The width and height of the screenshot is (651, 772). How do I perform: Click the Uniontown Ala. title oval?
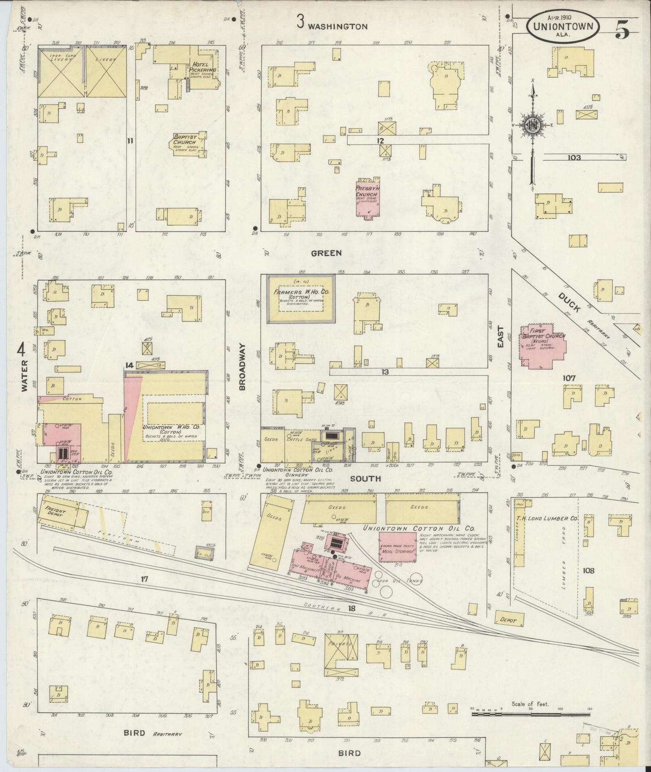coord(563,27)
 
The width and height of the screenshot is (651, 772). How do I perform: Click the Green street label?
coord(326,253)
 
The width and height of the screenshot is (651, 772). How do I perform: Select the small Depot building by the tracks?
coord(510,619)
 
